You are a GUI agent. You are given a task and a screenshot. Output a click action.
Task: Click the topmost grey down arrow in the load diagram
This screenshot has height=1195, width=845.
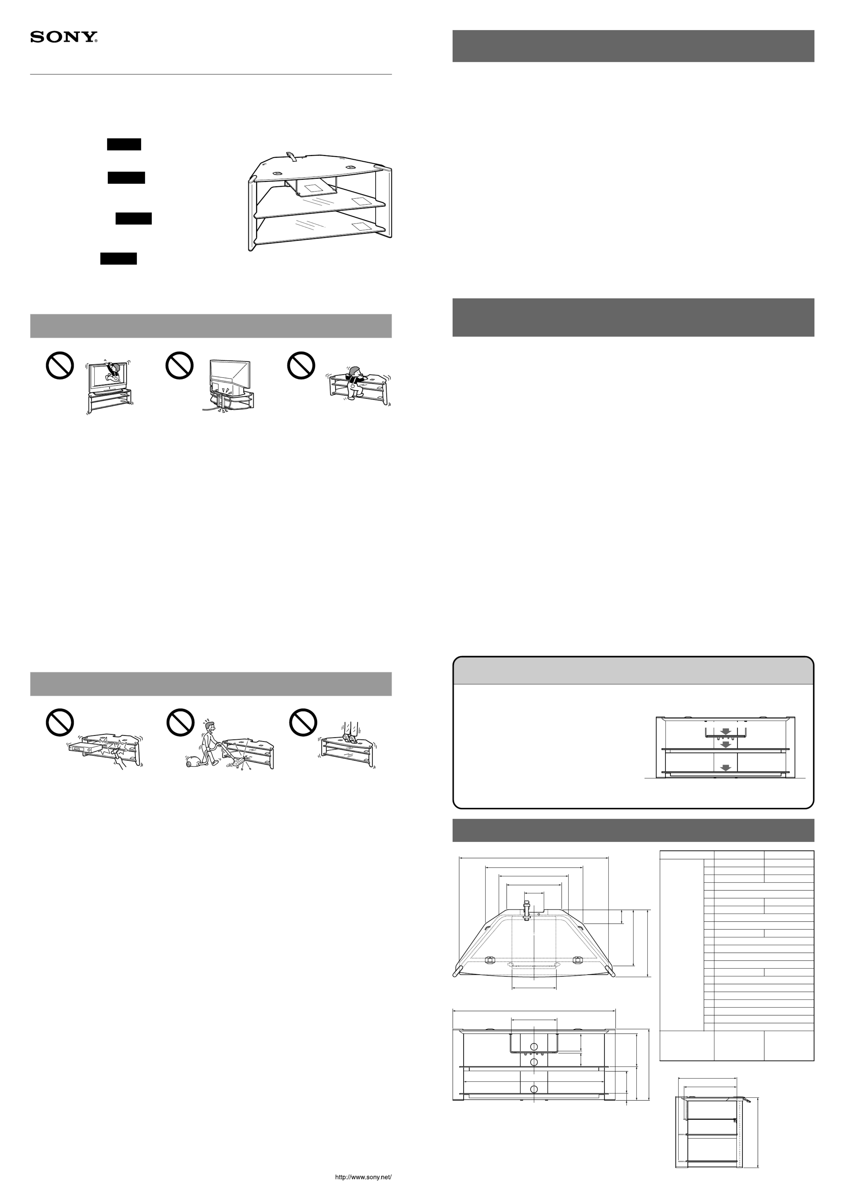tap(725, 731)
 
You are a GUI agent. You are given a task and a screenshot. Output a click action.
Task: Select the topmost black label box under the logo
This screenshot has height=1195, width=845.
tap(124, 144)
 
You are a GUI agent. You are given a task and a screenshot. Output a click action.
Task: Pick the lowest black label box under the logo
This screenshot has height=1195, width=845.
tap(119, 259)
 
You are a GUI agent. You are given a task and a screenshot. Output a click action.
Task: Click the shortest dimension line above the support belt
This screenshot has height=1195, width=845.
tap(525, 893)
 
